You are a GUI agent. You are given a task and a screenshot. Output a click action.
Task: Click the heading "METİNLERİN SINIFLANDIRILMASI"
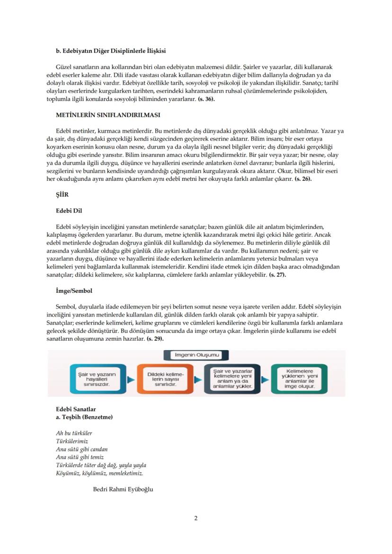108,115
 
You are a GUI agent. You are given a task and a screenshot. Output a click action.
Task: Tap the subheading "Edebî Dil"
69,211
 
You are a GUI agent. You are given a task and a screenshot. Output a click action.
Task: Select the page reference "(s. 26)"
303,179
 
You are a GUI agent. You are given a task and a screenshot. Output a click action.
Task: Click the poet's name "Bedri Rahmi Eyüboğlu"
123,489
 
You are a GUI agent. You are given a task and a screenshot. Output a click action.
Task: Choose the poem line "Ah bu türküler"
74,433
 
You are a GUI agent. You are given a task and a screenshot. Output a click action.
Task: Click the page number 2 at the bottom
196,518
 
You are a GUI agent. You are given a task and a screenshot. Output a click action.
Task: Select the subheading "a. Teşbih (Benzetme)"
84,417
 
